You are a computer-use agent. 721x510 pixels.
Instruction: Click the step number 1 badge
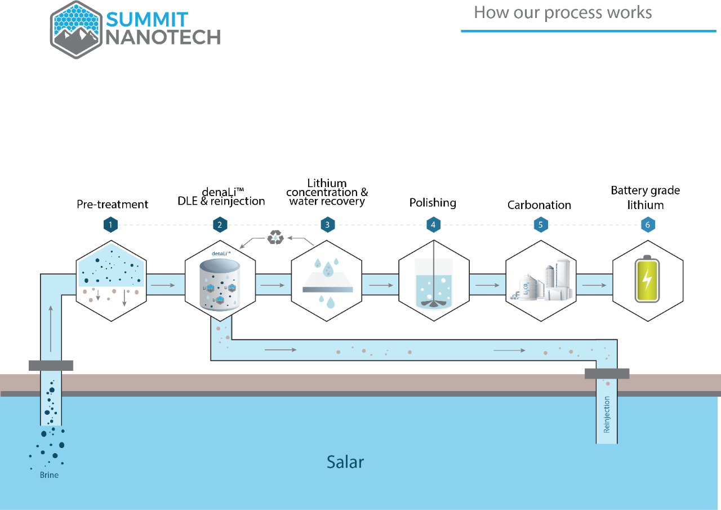(x=110, y=225)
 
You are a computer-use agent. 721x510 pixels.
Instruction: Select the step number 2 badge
(x=220, y=225)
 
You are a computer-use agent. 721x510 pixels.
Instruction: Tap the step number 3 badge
(x=327, y=225)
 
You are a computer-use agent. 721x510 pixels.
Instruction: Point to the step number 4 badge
(x=433, y=225)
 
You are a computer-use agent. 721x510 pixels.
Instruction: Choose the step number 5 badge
(x=540, y=225)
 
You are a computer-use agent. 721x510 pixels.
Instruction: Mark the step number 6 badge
(x=647, y=225)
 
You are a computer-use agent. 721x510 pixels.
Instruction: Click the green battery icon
(x=647, y=280)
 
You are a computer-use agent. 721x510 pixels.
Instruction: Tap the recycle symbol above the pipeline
(x=275, y=237)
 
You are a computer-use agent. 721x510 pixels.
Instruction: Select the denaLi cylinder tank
(x=220, y=285)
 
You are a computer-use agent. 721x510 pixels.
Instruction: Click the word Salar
(x=345, y=462)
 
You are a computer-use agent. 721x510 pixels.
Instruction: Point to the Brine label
(x=49, y=475)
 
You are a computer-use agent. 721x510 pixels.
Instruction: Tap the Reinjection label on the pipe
(x=607, y=414)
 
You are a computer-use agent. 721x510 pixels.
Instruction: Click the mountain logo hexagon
(x=76, y=29)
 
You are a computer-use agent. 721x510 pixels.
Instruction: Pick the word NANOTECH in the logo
(x=163, y=38)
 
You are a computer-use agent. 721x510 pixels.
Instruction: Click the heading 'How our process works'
(x=563, y=12)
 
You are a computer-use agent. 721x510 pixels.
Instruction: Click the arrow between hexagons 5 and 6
(x=594, y=285)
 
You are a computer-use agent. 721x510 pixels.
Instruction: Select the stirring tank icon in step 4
(x=433, y=285)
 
